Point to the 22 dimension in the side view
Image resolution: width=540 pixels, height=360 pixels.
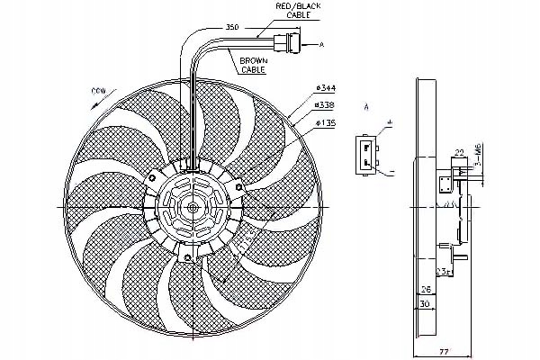click(x=458, y=151)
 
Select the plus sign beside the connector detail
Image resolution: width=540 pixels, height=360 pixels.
click(x=390, y=121)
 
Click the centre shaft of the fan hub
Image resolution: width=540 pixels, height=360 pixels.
click(x=193, y=206)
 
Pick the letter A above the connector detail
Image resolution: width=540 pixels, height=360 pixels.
click(x=367, y=107)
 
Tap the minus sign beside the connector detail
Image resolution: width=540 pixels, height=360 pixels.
click(x=392, y=172)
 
